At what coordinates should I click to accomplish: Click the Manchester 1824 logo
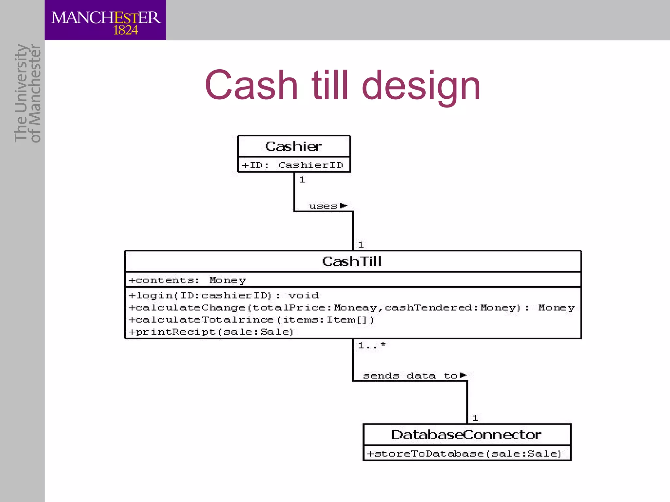point(105,20)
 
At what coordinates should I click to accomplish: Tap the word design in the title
point(421,86)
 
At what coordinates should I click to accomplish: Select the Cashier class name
point(293,146)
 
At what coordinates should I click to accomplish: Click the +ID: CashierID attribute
point(292,165)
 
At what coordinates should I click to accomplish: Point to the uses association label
point(323,206)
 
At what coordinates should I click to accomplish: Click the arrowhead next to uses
point(343,206)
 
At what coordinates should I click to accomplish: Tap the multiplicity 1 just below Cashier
point(302,180)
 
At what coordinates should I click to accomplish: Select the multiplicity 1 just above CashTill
point(361,244)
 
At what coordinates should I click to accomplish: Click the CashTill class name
point(352,261)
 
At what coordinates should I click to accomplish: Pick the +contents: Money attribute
point(187,280)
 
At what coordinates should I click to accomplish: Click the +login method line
point(224,295)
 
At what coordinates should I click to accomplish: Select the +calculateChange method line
point(351,308)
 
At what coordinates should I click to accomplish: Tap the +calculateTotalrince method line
point(251,320)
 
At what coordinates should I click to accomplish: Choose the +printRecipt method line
point(211,332)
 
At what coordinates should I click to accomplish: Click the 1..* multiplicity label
point(372,345)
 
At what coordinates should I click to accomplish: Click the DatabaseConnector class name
point(467,435)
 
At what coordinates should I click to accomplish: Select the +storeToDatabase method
point(464,454)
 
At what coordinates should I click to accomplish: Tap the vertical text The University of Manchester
point(28,93)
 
